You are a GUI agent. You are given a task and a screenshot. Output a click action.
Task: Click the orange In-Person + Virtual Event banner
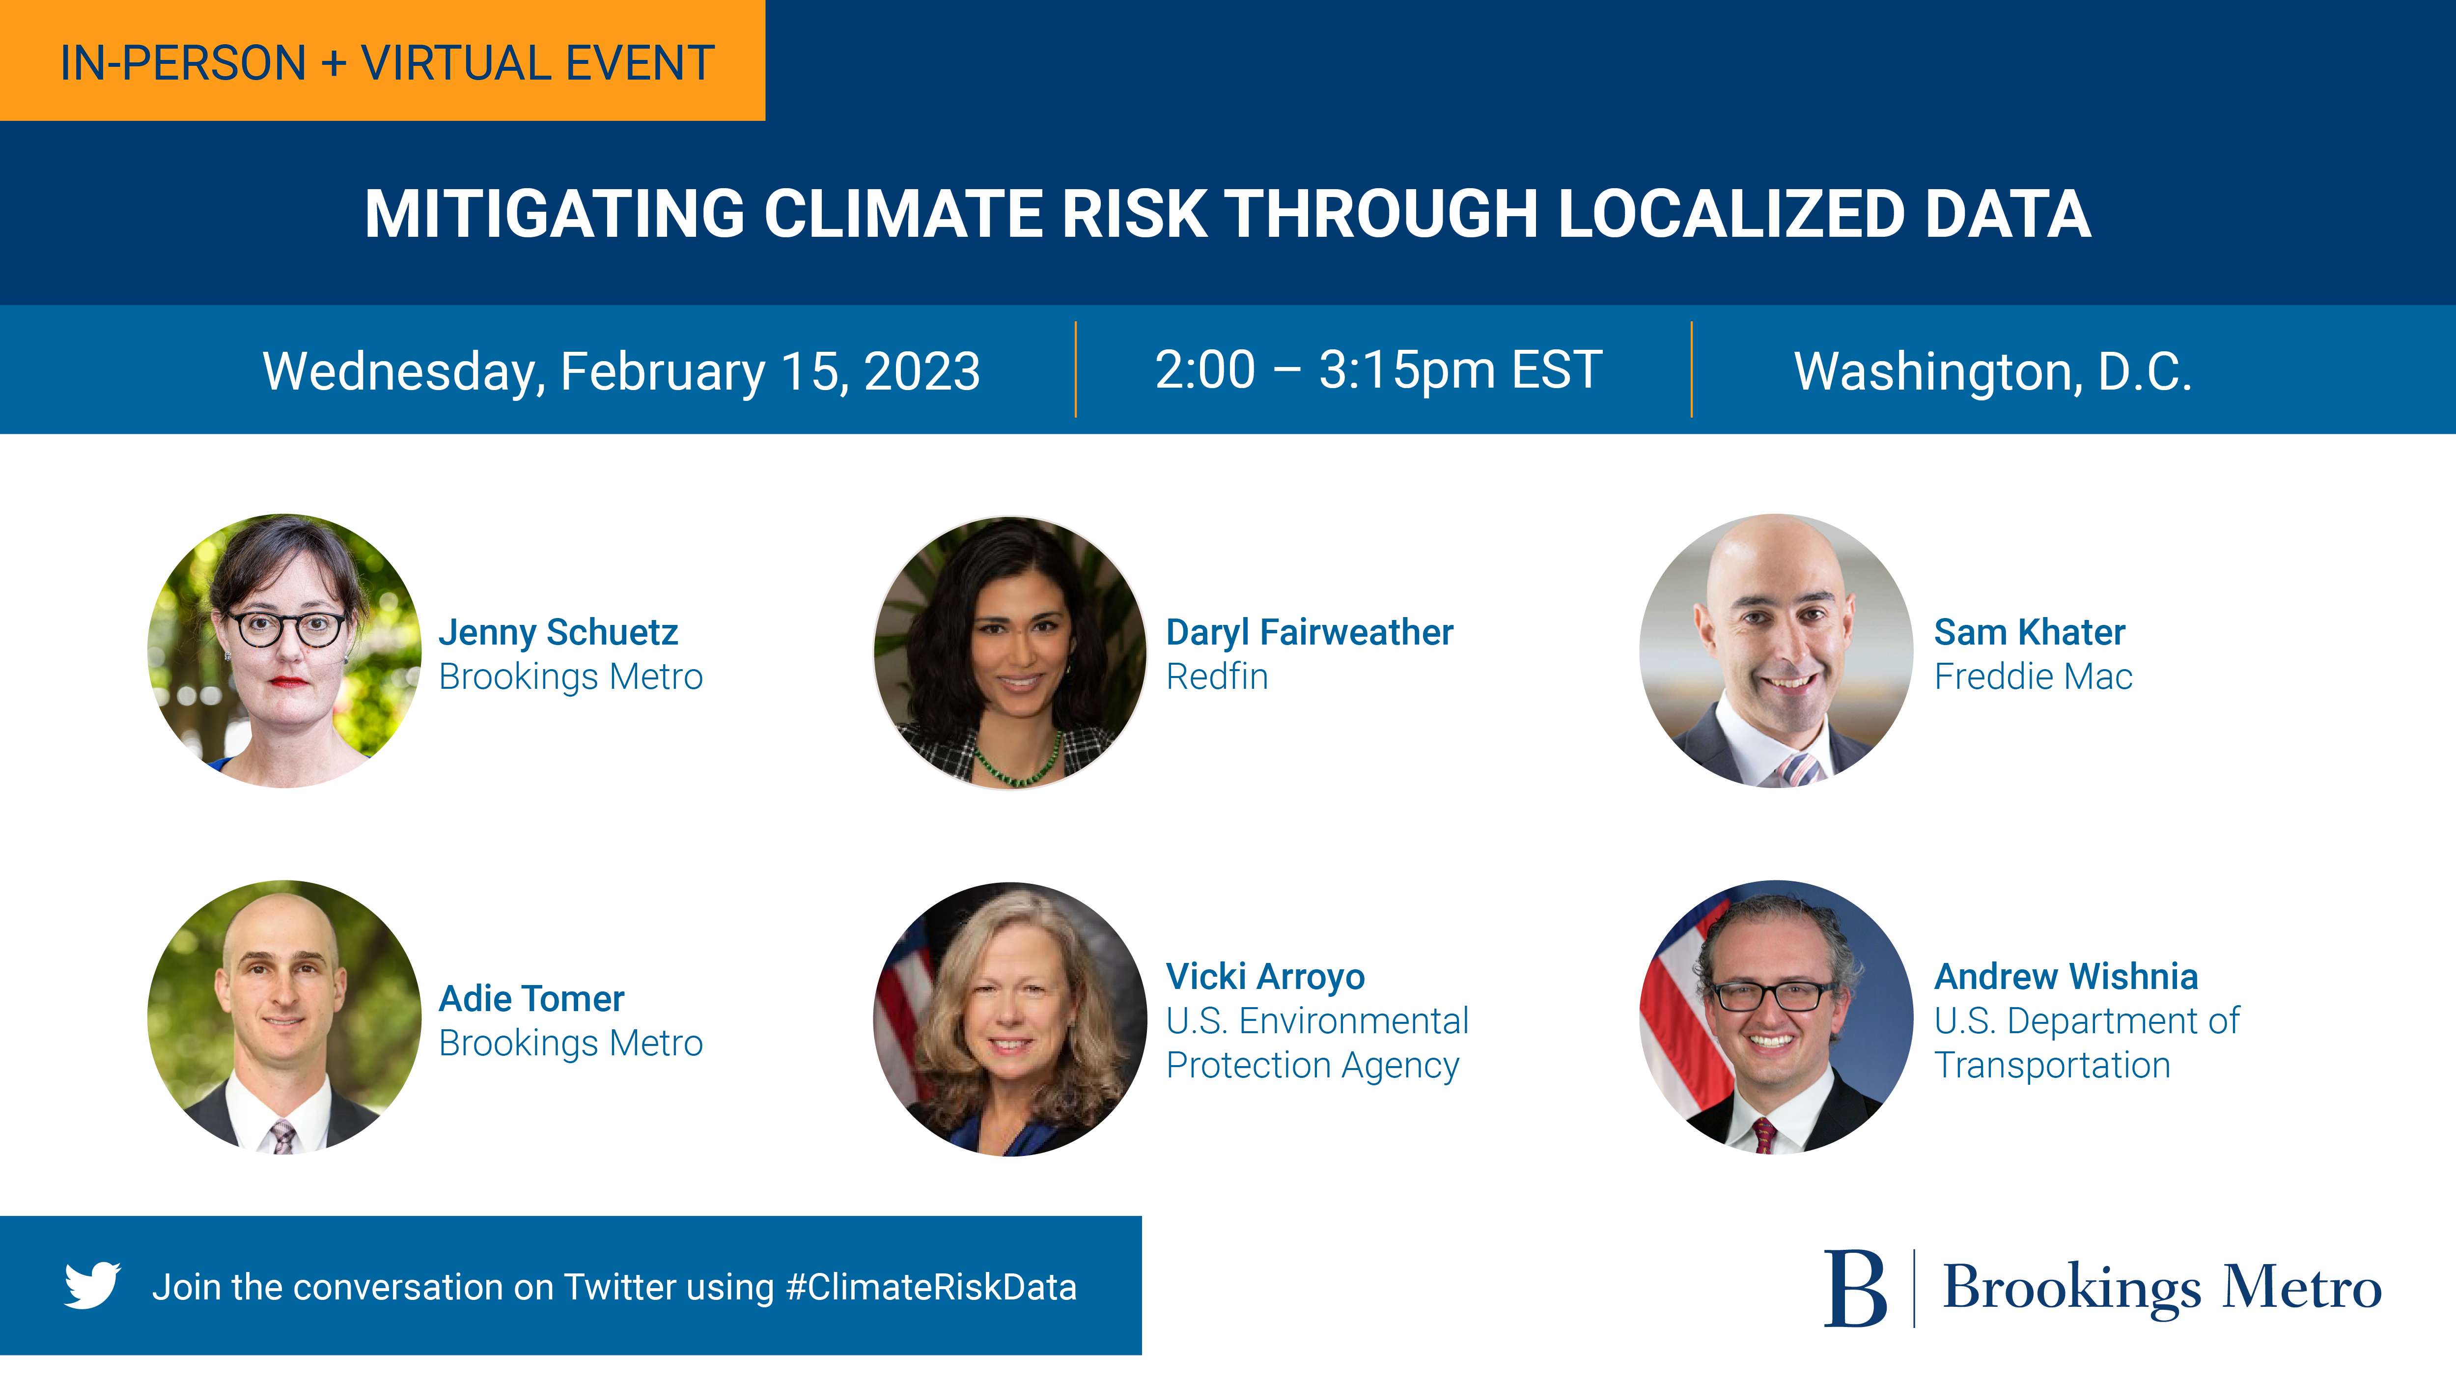tap(382, 60)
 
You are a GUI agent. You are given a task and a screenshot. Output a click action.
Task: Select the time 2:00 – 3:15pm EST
tap(1379, 370)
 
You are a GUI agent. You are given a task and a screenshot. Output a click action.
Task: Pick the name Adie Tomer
tap(531, 999)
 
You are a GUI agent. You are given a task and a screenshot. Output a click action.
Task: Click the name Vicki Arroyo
tap(1265, 977)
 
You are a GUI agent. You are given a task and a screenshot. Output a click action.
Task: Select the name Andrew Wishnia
tap(2066, 977)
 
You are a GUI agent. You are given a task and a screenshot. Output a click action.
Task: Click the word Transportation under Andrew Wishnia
tap(2053, 1065)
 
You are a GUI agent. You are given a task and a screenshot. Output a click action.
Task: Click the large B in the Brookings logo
tap(1854, 1289)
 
